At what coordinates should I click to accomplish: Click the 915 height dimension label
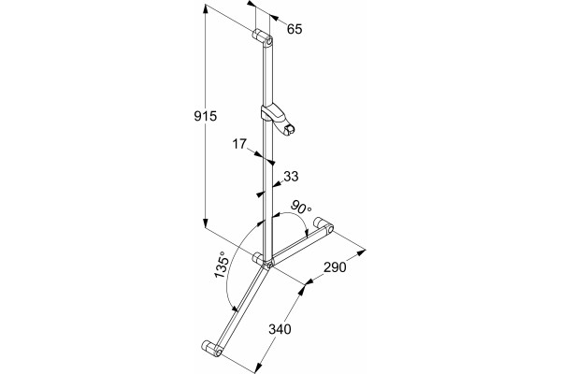(206, 116)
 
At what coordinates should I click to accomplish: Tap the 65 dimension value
(295, 29)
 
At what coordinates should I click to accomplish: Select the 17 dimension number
(239, 144)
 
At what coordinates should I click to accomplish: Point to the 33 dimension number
(291, 176)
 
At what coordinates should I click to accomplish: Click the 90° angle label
(301, 208)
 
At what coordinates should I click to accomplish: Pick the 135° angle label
(222, 265)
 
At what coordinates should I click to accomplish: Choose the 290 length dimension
(335, 267)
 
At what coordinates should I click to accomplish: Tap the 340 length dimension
(280, 329)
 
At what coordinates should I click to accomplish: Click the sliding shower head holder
(278, 119)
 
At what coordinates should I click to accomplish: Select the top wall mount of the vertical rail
(263, 38)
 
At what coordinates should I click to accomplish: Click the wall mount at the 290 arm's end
(324, 225)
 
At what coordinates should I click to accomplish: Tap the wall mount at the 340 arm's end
(212, 348)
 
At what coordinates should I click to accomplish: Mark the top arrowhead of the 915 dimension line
(206, 8)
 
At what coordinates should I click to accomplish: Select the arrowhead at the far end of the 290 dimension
(361, 252)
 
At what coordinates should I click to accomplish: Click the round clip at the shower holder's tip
(289, 130)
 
